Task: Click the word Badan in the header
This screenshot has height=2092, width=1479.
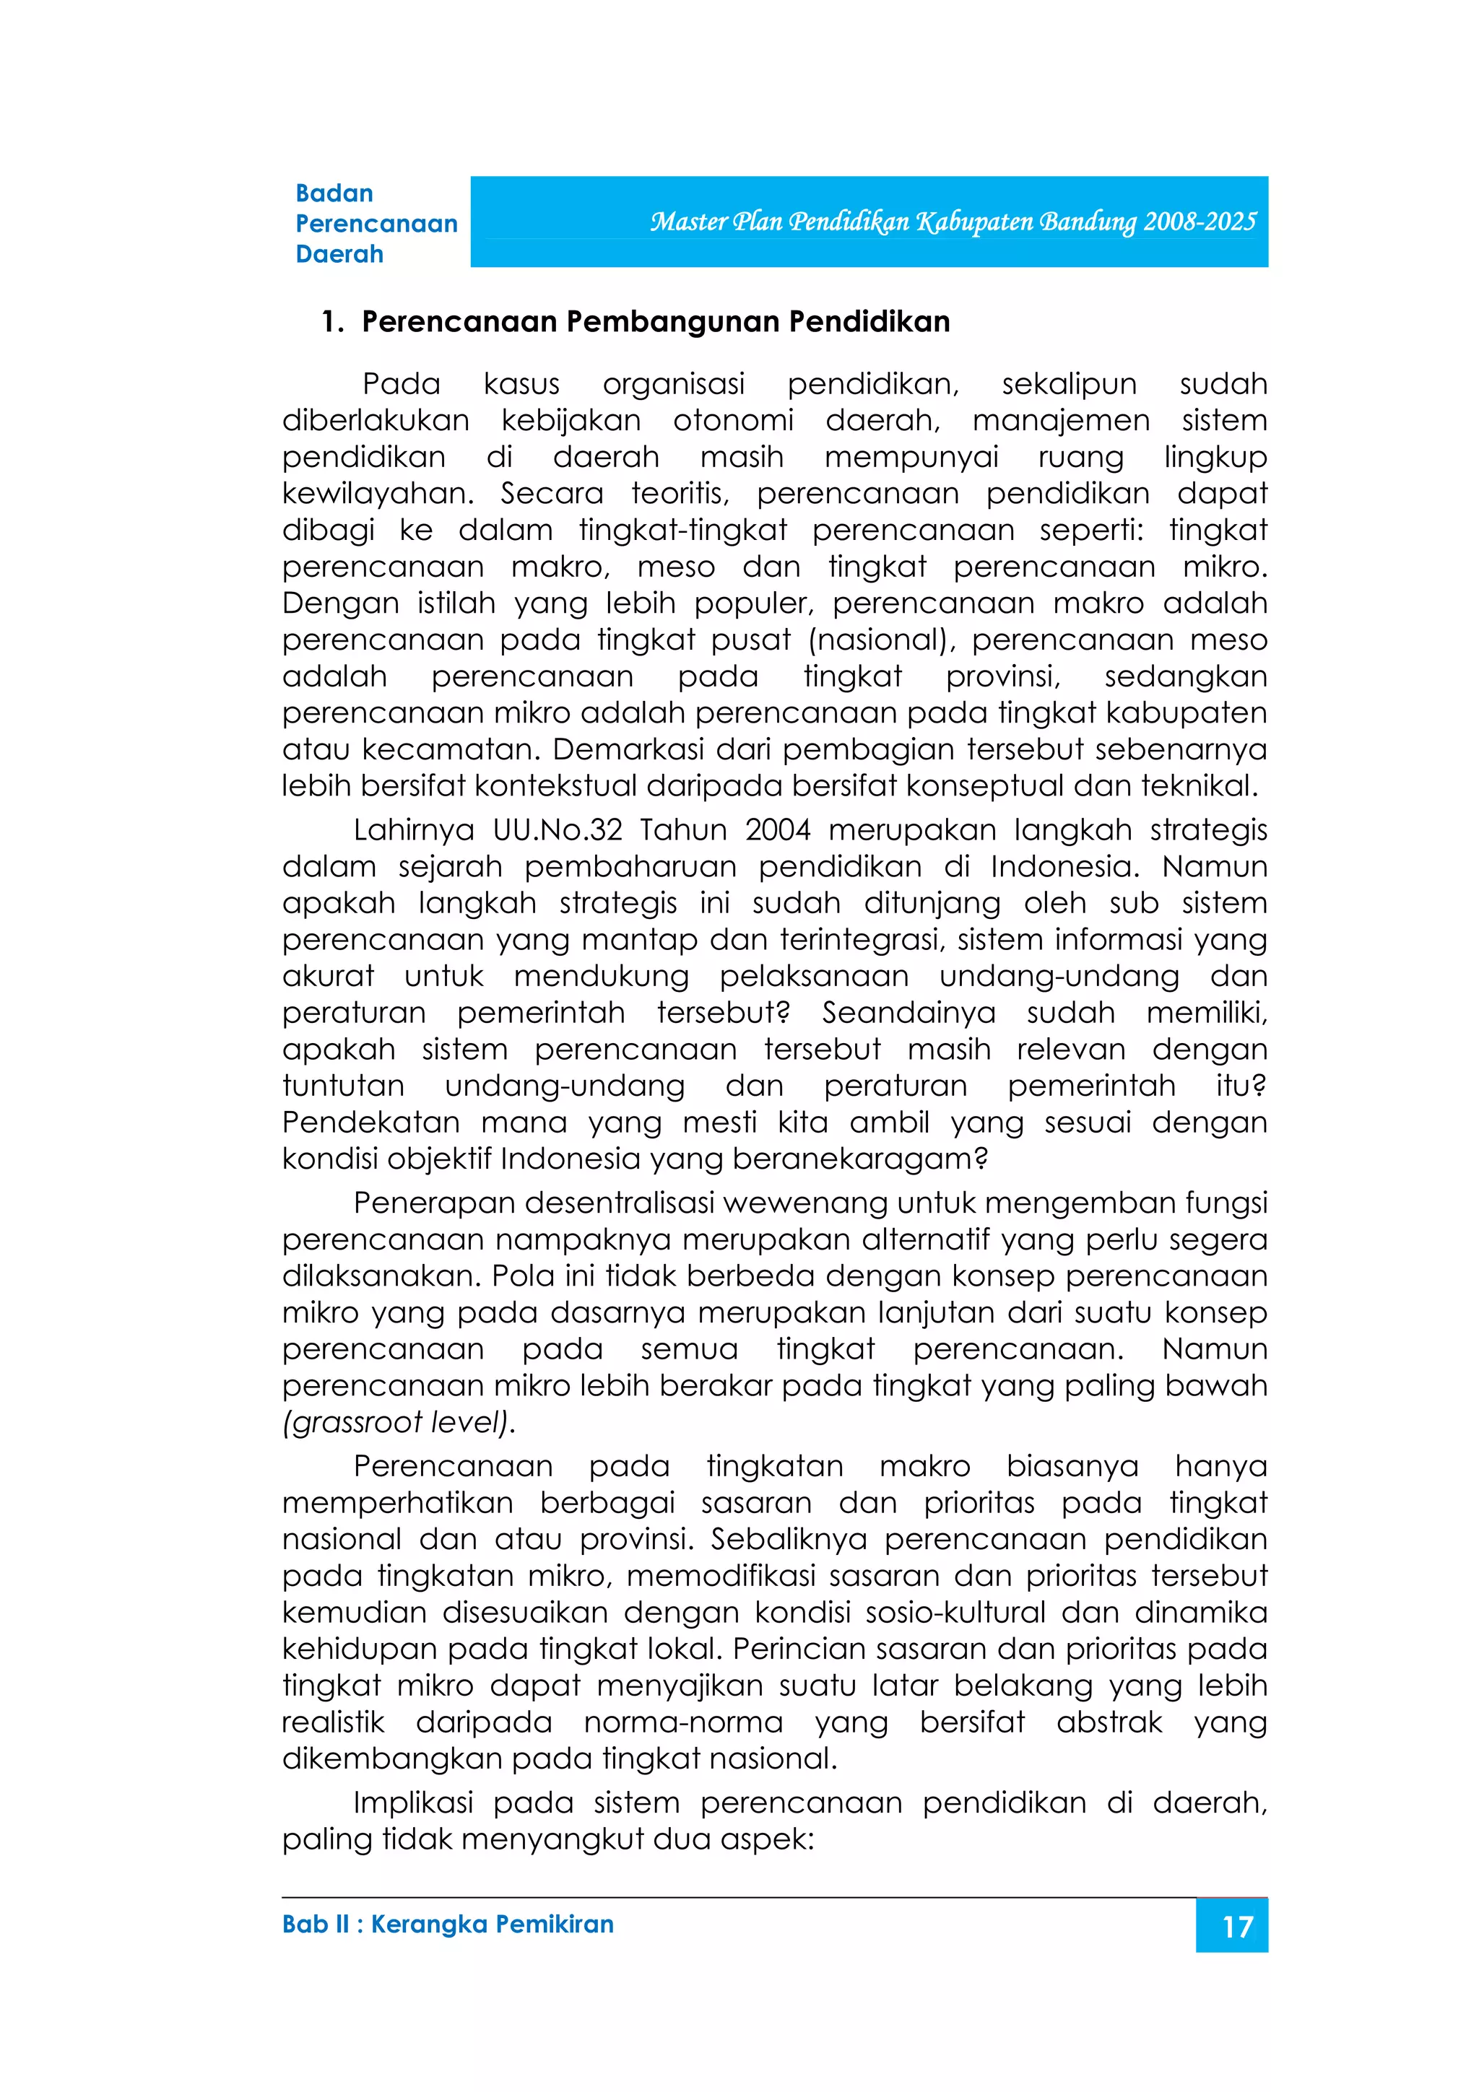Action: pos(334,193)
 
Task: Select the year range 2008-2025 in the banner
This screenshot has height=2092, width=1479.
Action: pos(1200,222)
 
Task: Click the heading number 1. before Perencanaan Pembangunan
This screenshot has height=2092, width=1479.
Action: pos(331,322)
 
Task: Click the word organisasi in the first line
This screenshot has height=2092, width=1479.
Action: pos(674,385)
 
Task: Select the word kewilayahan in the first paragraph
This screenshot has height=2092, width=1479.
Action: pos(377,494)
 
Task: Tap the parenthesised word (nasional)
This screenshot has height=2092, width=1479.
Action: pos(881,640)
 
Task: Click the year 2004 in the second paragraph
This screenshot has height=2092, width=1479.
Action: pos(777,830)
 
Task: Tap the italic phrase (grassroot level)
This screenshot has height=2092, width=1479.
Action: pos(398,1422)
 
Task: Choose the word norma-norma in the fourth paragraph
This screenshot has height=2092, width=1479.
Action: pos(683,1722)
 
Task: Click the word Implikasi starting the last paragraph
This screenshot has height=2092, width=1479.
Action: pos(414,1803)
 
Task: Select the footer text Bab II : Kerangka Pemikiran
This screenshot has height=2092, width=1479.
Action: pos(448,1925)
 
